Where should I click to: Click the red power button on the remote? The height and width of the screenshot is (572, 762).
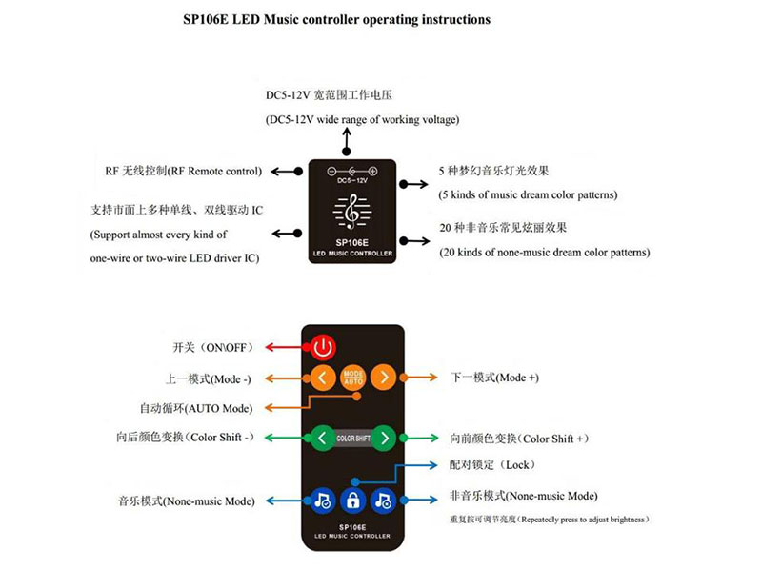pyautogui.click(x=323, y=347)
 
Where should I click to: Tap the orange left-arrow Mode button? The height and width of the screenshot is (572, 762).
pyautogui.click(x=323, y=378)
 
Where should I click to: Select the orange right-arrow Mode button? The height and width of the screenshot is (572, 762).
pyautogui.click(x=384, y=378)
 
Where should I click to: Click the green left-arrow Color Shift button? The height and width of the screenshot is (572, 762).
pyautogui.click(x=322, y=439)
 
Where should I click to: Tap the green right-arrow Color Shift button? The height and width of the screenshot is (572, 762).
pyautogui.click(x=385, y=439)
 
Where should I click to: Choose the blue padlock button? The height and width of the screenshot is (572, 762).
pyautogui.click(x=353, y=500)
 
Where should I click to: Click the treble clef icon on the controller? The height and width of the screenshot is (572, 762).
pyautogui.click(x=352, y=212)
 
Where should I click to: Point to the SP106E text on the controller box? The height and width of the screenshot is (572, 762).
pyautogui.click(x=351, y=243)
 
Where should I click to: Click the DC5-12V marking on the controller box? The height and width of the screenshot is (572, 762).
pyautogui.click(x=352, y=180)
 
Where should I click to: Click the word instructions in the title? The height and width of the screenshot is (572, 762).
pyautogui.click(x=456, y=19)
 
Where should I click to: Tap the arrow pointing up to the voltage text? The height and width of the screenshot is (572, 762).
pyautogui.click(x=347, y=141)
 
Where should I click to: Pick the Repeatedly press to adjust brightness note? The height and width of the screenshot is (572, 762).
pyautogui.click(x=585, y=520)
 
